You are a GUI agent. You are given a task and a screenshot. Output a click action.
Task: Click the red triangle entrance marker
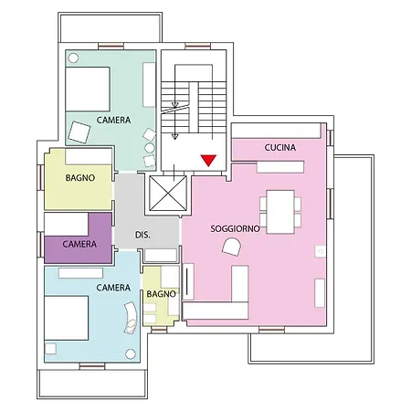click(x=208, y=160)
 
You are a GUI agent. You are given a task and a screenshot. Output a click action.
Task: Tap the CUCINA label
click(x=280, y=148)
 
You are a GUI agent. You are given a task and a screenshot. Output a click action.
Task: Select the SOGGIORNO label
click(x=235, y=228)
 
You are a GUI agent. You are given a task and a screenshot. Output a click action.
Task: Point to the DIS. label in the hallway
click(x=142, y=235)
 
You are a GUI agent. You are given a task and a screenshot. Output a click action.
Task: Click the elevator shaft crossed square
click(x=168, y=194)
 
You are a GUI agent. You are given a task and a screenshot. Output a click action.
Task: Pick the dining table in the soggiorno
click(x=280, y=212)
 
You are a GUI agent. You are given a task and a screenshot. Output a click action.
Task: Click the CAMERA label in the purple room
click(x=79, y=244)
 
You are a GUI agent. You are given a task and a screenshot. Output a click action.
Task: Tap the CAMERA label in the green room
click(x=113, y=120)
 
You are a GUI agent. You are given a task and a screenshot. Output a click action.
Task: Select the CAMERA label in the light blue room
click(x=113, y=288)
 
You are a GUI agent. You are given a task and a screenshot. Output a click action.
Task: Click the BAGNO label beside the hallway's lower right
click(x=161, y=294)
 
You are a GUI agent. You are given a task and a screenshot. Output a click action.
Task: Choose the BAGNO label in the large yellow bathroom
click(x=80, y=178)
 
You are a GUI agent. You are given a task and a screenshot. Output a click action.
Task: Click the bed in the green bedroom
click(x=88, y=90)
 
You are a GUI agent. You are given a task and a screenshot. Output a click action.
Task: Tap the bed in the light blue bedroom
click(x=67, y=318)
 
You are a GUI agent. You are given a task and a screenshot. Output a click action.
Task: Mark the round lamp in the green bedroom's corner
click(x=73, y=58)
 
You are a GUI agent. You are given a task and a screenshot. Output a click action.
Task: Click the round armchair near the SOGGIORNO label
click(x=232, y=247)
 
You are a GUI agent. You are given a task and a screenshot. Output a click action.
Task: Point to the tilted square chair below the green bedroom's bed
click(x=79, y=132)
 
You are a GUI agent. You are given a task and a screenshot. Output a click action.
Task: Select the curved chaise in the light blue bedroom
click(x=131, y=318)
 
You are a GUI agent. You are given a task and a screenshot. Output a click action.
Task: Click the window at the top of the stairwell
click(x=198, y=46)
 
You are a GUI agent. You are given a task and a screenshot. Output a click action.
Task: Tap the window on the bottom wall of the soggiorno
click(x=271, y=330)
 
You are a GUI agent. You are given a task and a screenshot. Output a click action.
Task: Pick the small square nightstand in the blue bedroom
click(x=50, y=349)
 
